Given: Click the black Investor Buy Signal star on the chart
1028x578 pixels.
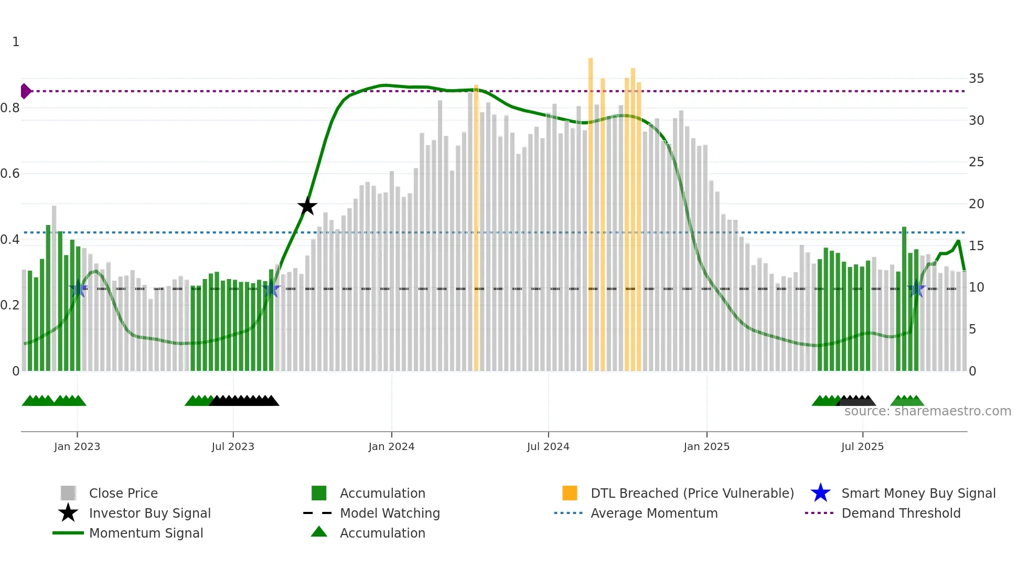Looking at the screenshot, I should click(307, 206).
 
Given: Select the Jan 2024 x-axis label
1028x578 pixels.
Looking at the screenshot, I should click(391, 446).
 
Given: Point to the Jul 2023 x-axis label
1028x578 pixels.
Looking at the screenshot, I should click(233, 446).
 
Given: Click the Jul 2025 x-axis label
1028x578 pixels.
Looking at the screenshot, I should click(862, 446).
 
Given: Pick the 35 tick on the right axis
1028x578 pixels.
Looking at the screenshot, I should click(976, 79).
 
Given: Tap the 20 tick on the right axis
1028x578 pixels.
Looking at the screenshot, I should click(976, 204).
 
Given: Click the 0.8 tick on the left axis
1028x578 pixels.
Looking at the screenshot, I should click(10, 108).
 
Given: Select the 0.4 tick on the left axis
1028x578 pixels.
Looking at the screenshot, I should click(10, 240).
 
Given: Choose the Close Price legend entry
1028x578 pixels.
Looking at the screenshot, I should click(123, 493).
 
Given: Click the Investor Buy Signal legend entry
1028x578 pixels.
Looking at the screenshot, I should click(149, 513).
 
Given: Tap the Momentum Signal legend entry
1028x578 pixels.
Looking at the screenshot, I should click(146, 533).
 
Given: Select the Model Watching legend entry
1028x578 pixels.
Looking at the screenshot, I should click(390, 513).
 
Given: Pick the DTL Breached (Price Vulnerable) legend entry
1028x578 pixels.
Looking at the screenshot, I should click(692, 493).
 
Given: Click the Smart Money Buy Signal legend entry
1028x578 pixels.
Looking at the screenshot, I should click(918, 493).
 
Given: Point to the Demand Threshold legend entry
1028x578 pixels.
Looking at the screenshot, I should click(901, 513).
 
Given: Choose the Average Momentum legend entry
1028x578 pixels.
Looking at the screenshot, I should click(654, 513).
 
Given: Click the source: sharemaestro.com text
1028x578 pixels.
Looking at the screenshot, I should click(927, 411).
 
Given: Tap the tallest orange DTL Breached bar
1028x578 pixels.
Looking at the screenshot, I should click(591, 210).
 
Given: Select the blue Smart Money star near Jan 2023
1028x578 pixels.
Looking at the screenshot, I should click(78, 288).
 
